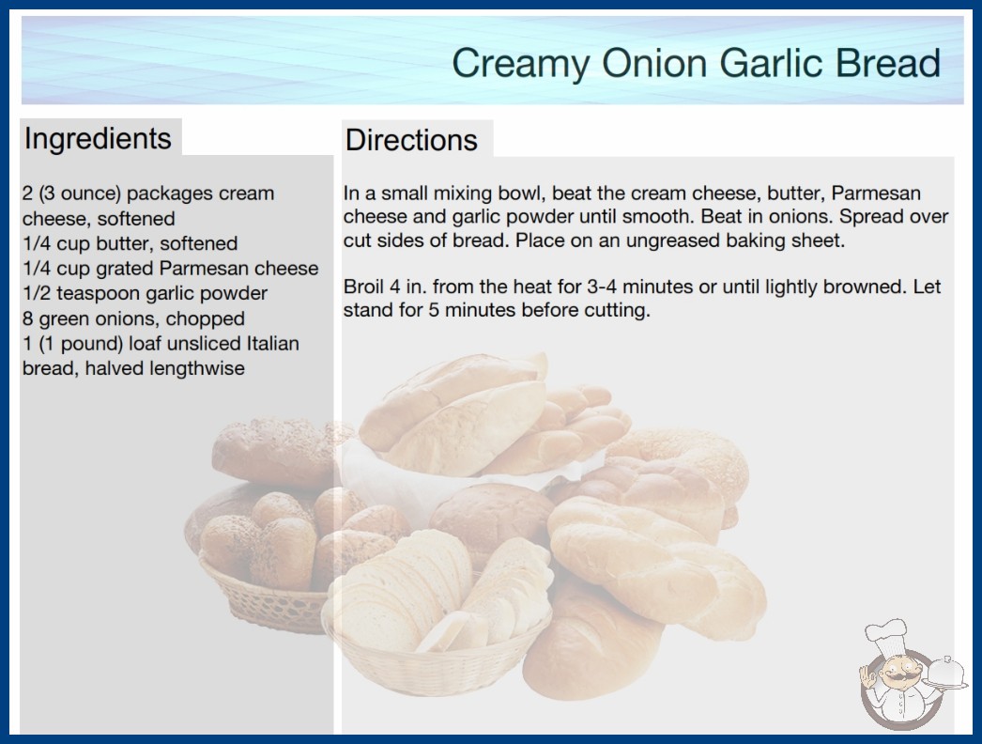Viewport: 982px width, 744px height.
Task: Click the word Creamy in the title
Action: (520, 64)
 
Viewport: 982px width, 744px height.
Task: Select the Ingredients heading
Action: (98, 139)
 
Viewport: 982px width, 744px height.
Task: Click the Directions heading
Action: (411, 140)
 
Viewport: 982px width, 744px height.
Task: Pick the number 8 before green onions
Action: (27, 318)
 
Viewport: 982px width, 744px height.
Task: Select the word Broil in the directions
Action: (363, 287)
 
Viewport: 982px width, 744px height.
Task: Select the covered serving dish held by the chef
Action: (945, 674)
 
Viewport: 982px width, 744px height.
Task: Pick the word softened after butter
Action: (198, 243)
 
